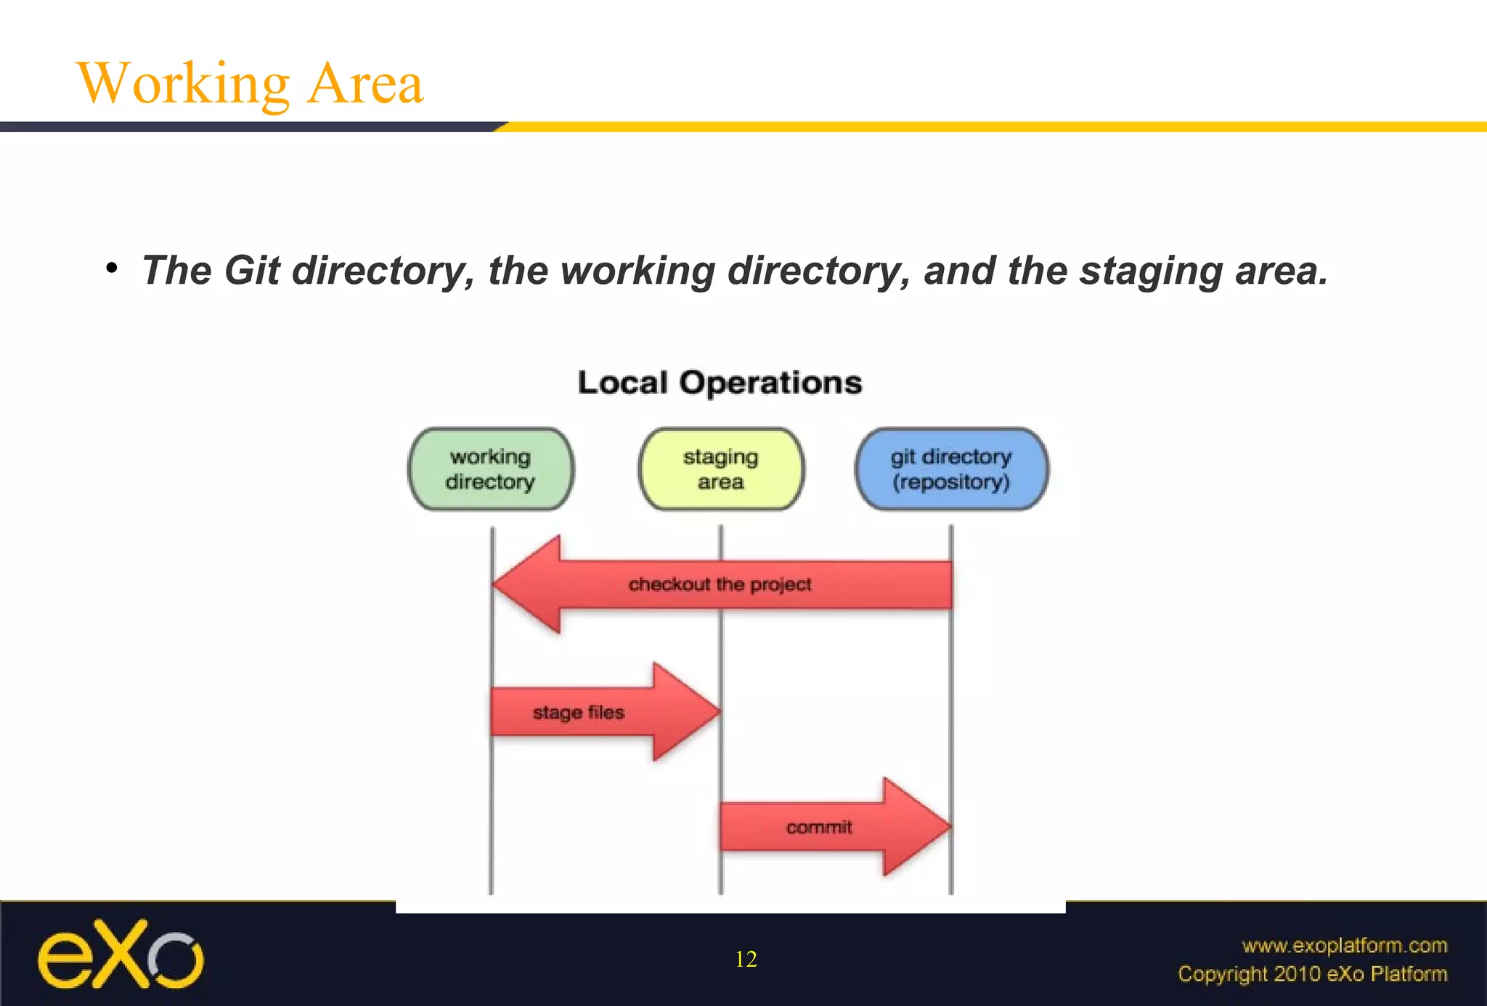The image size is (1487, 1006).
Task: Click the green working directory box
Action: point(491,469)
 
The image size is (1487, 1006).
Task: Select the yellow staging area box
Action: point(721,469)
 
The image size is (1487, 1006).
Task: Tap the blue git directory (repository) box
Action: point(951,469)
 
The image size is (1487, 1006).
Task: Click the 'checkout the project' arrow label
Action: point(720,584)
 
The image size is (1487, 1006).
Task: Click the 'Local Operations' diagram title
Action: point(720,383)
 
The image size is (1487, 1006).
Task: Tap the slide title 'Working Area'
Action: point(250,83)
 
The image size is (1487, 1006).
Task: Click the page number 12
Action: point(746,959)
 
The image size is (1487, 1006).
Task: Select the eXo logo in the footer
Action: point(121,954)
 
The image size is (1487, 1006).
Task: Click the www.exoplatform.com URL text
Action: point(1344,945)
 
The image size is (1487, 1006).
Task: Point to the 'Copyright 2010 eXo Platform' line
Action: point(1312,973)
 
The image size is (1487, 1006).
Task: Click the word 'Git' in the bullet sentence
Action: point(252,271)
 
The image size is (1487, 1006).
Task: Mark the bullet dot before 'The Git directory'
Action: point(111,269)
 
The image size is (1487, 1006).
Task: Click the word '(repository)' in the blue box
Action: point(951,482)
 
